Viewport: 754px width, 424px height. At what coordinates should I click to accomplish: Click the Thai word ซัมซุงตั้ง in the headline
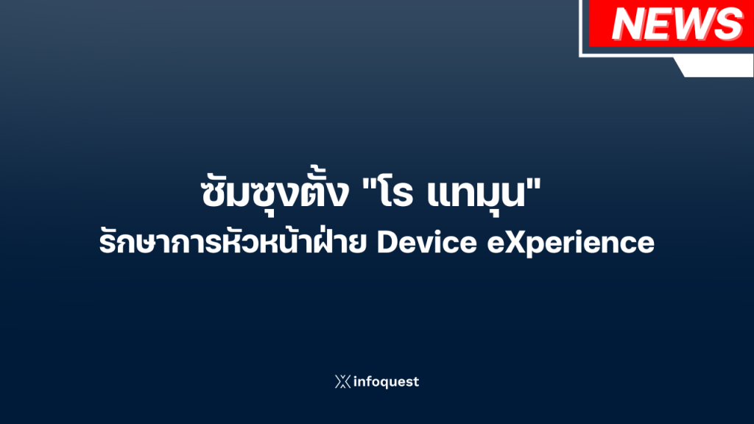point(275,193)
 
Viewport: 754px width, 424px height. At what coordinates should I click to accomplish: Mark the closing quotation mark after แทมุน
point(534,183)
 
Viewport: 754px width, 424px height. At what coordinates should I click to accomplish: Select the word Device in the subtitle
point(427,242)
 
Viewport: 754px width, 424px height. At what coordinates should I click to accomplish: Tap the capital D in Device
point(387,243)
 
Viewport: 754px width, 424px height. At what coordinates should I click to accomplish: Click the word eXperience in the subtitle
point(571,244)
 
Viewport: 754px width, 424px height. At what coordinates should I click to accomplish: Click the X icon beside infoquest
point(343,382)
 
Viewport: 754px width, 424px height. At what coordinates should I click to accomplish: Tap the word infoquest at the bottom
point(386,382)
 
